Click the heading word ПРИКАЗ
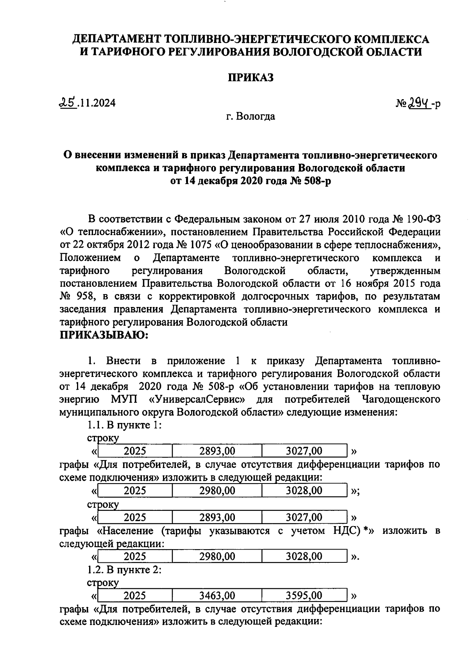coord(251,77)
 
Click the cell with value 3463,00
coord(217,596)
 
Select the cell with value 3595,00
coord(304,596)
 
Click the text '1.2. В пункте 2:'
coord(124,570)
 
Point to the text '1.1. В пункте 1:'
coord(124,425)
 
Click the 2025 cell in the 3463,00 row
coord(135,596)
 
